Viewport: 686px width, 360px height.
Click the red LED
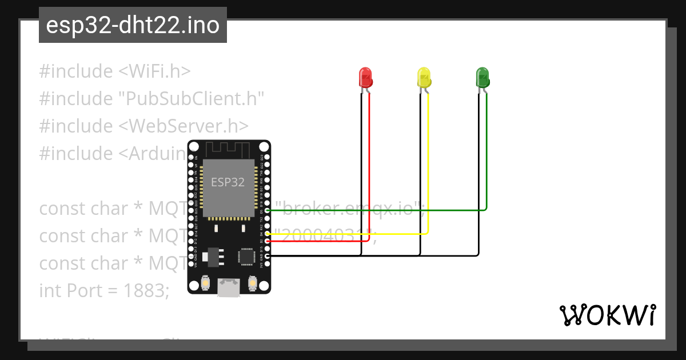click(x=365, y=77)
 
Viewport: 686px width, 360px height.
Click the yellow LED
click(x=424, y=77)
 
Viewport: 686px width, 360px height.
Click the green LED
click(x=482, y=77)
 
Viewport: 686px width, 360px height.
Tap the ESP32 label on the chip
click(x=228, y=182)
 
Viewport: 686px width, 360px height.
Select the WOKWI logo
click(x=607, y=315)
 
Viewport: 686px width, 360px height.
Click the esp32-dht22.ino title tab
click(x=133, y=26)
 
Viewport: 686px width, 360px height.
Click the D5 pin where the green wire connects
click(x=266, y=210)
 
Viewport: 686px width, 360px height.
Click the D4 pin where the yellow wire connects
click(x=266, y=234)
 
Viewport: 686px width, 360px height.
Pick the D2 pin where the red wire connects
click(x=266, y=241)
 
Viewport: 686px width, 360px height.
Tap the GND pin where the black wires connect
click(x=266, y=256)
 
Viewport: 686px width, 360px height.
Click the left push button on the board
click(x=206, y=283)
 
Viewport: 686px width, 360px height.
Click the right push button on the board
click(x=252, y=283)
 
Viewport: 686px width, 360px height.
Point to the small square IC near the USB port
click(x=246, y=256)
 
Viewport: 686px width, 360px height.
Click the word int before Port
click(x=51, y=290)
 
